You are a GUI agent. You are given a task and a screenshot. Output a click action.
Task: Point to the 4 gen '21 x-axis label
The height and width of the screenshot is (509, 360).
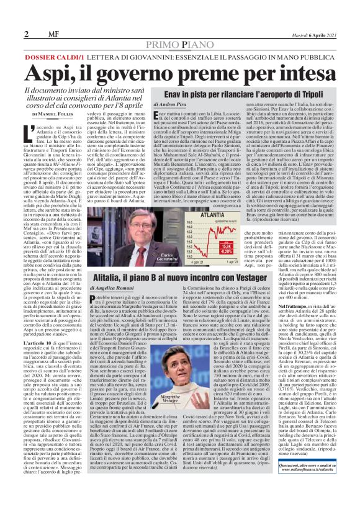(186, 264)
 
